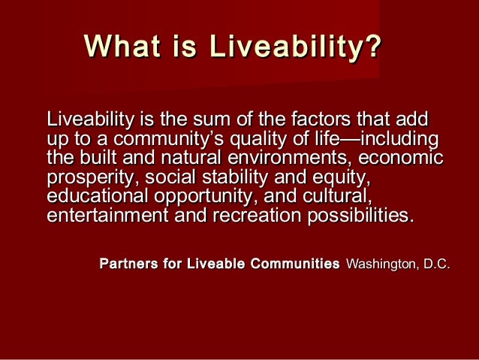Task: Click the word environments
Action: (x=288, y=159)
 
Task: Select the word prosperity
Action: (x=91, y=178)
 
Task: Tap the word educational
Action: (x=95, y=198)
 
